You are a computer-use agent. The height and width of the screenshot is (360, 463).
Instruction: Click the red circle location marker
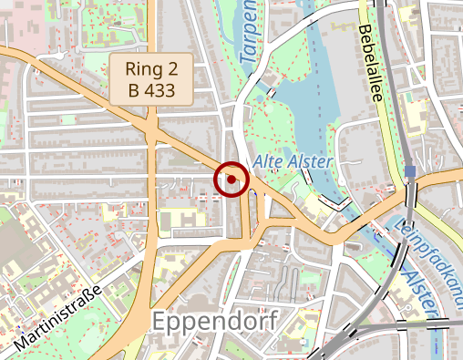tap(231, 180)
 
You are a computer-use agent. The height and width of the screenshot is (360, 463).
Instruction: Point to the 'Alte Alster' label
tap(293, 161)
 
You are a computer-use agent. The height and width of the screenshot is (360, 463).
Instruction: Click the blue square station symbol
tap(412, 171)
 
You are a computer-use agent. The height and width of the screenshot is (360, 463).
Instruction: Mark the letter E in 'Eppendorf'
tap(161, 323)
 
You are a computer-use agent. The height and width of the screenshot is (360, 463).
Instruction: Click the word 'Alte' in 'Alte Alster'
tap(269, 161)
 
